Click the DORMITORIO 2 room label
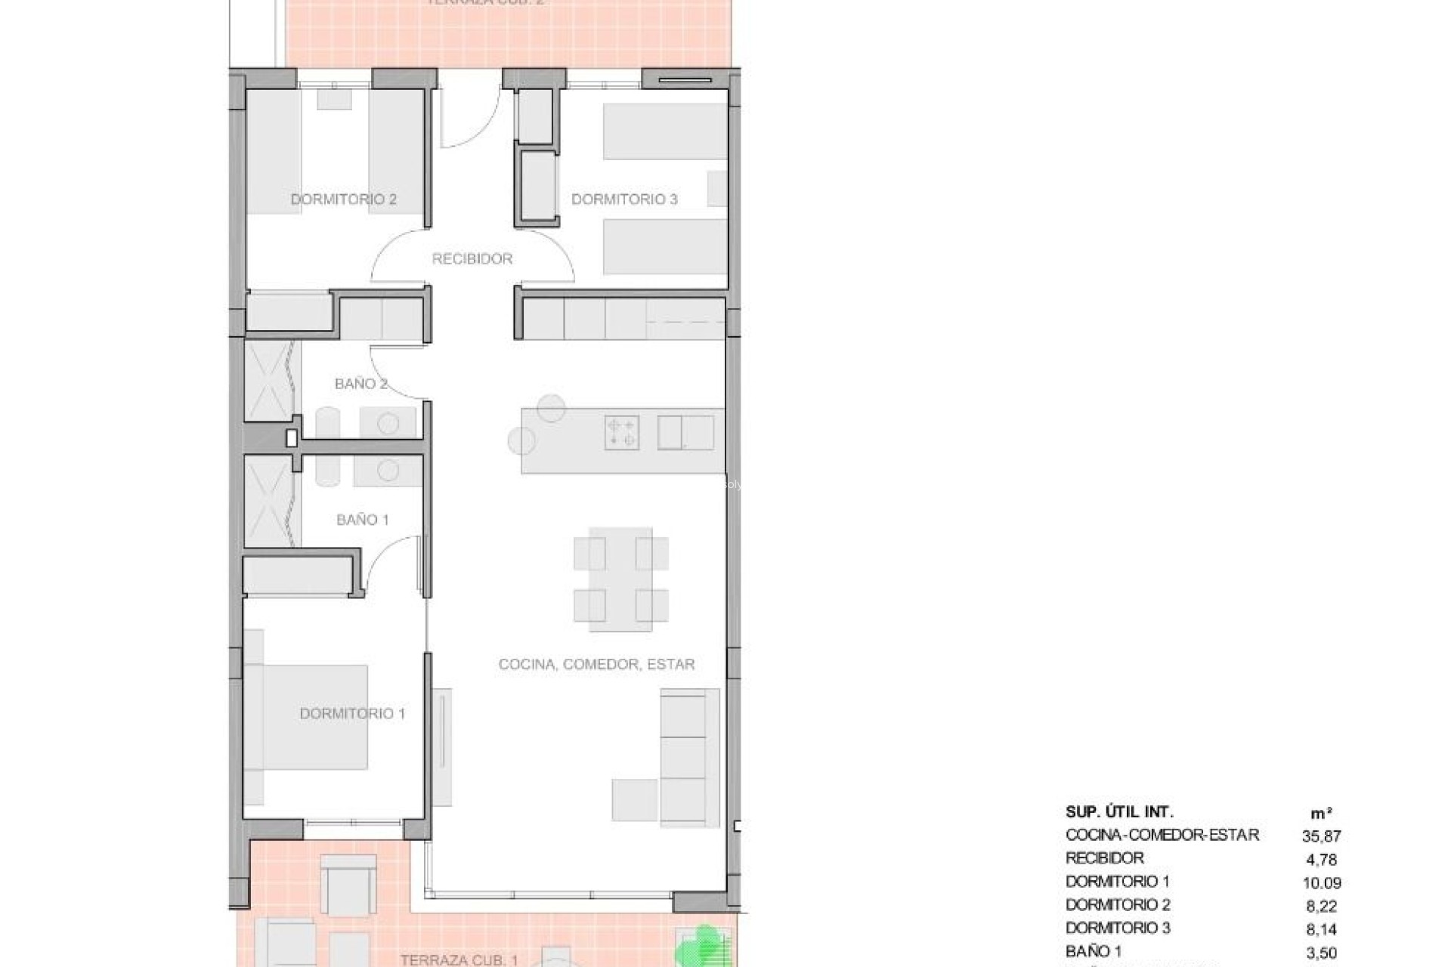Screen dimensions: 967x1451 tap(344, 199)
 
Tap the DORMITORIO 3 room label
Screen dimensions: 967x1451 tap(624, 199)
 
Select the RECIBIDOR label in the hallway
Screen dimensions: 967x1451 tap(472, 259)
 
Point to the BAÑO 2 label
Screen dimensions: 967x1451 tap(360, 384)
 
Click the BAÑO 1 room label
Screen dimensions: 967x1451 tap(362, 520)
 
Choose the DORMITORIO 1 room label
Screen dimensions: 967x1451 tap(352, 714)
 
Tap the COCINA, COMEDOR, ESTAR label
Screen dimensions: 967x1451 tap(596, 664)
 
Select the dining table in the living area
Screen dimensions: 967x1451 tap(620, 579)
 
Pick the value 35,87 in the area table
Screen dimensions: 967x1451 tap(1321, 836)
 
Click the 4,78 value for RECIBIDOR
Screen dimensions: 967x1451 tap(1321, 859)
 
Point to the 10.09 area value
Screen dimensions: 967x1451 tap(1321, 882)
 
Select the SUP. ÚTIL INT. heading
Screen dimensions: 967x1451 tap(1119, 812)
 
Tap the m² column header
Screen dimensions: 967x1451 tap(1321, 813)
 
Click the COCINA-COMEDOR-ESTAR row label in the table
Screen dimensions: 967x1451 tap(1162, 835)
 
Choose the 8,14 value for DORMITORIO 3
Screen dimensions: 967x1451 tap(1321, 928)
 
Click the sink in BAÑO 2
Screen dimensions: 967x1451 tap(388, 424)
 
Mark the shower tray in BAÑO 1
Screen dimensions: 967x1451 tap(268, 501)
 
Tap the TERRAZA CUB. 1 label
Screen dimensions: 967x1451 tap(459, 960)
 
